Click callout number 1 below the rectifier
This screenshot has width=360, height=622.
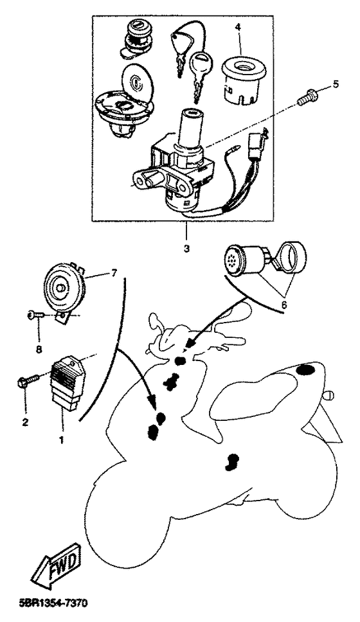[x=61, y=440]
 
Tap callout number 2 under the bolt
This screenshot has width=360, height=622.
[x=25, y=422]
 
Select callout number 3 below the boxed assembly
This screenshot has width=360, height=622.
[x=186, y=249]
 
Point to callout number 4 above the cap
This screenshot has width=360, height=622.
[x=238, y=28]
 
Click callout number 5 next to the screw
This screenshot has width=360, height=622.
[x=336, y=84]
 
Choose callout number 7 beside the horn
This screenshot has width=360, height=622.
[x=114, y=273]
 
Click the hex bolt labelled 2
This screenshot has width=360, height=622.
[x=28, y=380]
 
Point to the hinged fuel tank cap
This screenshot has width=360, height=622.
[x=123, y=100]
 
